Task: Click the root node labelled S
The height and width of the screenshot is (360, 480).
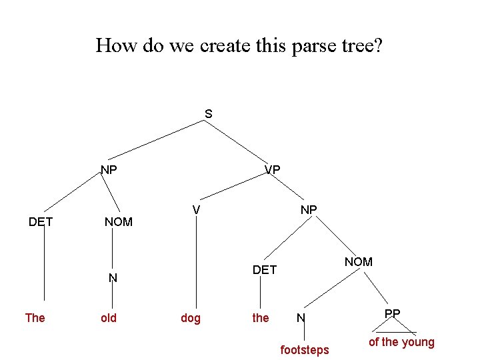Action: [x=209, y=114]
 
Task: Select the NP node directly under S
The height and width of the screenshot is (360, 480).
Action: [x=109, y=169]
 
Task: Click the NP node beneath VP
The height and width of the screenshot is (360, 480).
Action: [x=309, y=209]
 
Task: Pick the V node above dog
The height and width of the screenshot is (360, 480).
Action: [x=197, y=210]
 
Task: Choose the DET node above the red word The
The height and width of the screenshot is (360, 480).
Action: [x=41, y=221]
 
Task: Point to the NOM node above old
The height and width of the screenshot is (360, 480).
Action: [x=119, y=221]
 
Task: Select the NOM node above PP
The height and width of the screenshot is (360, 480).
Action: [x=359, y=262]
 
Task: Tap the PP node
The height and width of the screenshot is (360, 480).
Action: [x=393, y=313]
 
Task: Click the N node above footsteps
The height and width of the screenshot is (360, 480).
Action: [x=301, y=318]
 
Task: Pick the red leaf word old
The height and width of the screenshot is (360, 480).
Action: [x=109, y=318]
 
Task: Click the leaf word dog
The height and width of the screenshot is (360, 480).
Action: [x=191, y=318]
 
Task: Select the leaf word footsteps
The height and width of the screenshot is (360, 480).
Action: [x=305, y=349]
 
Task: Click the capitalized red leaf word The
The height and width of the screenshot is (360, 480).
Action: [x=35, y=318]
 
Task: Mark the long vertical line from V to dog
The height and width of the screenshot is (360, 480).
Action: [x=197, y=260]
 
